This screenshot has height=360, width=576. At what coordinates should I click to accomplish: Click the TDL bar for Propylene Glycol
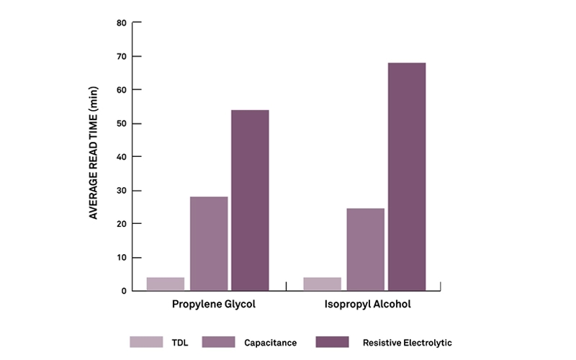[166, 284]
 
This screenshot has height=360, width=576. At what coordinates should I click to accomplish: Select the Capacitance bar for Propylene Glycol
[209, 243]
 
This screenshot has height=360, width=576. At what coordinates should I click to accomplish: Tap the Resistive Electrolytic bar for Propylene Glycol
[249, 200]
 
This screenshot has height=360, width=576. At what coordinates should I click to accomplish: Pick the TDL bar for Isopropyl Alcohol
[323, 284]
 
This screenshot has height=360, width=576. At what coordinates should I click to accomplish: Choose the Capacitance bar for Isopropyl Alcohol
[365, 249]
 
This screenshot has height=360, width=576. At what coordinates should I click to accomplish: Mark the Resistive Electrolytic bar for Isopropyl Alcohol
[407, 176]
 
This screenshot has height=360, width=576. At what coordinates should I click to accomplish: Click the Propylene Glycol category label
[214, 304]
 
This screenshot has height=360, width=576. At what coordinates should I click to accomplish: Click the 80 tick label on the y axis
[121, 23]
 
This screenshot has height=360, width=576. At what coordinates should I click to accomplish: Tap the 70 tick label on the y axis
[121, 56]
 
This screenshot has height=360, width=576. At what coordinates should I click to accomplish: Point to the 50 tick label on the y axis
[121, 123]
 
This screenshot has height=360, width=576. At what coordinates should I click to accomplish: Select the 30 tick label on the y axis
[121, 190]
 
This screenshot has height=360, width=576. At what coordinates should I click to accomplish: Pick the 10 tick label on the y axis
[121, 257]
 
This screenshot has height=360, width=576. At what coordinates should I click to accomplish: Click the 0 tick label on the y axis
[124, 291]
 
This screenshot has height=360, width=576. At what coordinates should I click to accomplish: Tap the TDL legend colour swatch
[142, 342]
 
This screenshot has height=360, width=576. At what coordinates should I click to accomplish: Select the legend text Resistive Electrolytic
[408, 343]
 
